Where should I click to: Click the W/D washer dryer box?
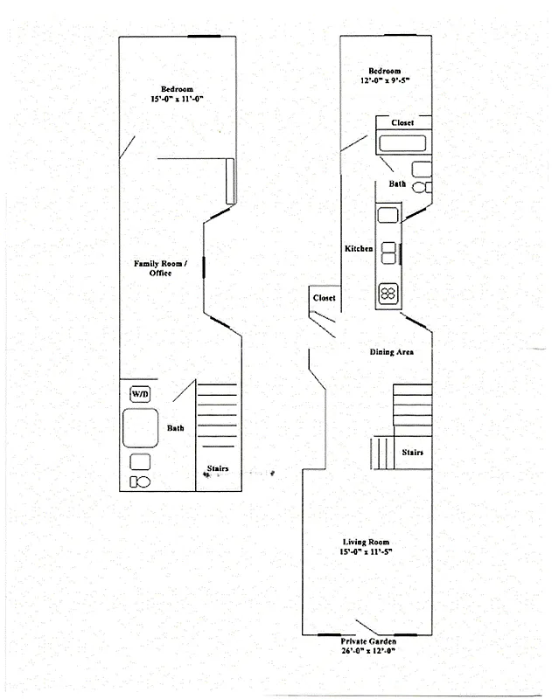[x=140, y=395]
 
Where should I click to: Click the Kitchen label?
[x=359, y=249]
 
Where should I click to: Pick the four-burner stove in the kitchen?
[x=388, y=294]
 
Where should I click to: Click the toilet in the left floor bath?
[x=139, y=481]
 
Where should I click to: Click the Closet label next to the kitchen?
[x=324, y=298]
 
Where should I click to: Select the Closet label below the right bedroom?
[x=402, y=123]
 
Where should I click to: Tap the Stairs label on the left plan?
[x=217, y=469]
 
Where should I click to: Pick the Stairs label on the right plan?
[x=413, y=453]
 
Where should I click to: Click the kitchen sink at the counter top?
[x=388, y=214]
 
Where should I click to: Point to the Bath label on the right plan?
[x=397, y=184]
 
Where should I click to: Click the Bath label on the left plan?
[x=176, y=428]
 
